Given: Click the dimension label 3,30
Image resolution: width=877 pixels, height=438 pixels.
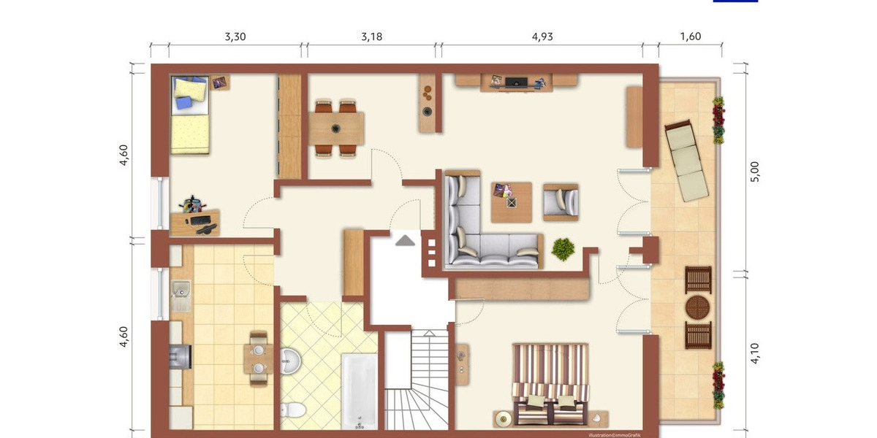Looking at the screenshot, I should tap(235, 36).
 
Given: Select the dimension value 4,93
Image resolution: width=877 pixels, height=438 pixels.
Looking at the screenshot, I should tap(542, 36).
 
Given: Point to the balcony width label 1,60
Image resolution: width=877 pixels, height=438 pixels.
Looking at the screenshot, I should tap(690, 36).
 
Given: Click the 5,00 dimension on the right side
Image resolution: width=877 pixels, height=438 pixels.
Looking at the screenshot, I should tap(756, 172).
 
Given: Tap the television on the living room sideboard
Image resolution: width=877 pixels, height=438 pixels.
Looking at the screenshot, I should tap(517, 81).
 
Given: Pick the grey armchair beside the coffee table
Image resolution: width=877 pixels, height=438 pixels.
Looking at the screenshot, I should tap(561, 200).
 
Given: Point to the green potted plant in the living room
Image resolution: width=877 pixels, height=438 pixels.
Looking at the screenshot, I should tap(563, 249).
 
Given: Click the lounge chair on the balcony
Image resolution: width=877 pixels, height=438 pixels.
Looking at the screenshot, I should tap(686, 161).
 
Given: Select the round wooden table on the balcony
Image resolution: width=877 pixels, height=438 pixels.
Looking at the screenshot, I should tap(698, 307).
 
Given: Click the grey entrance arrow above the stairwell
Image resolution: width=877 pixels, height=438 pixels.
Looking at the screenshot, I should tap(405, 239).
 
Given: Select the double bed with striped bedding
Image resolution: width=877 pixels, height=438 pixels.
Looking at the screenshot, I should tap(550, 383).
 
